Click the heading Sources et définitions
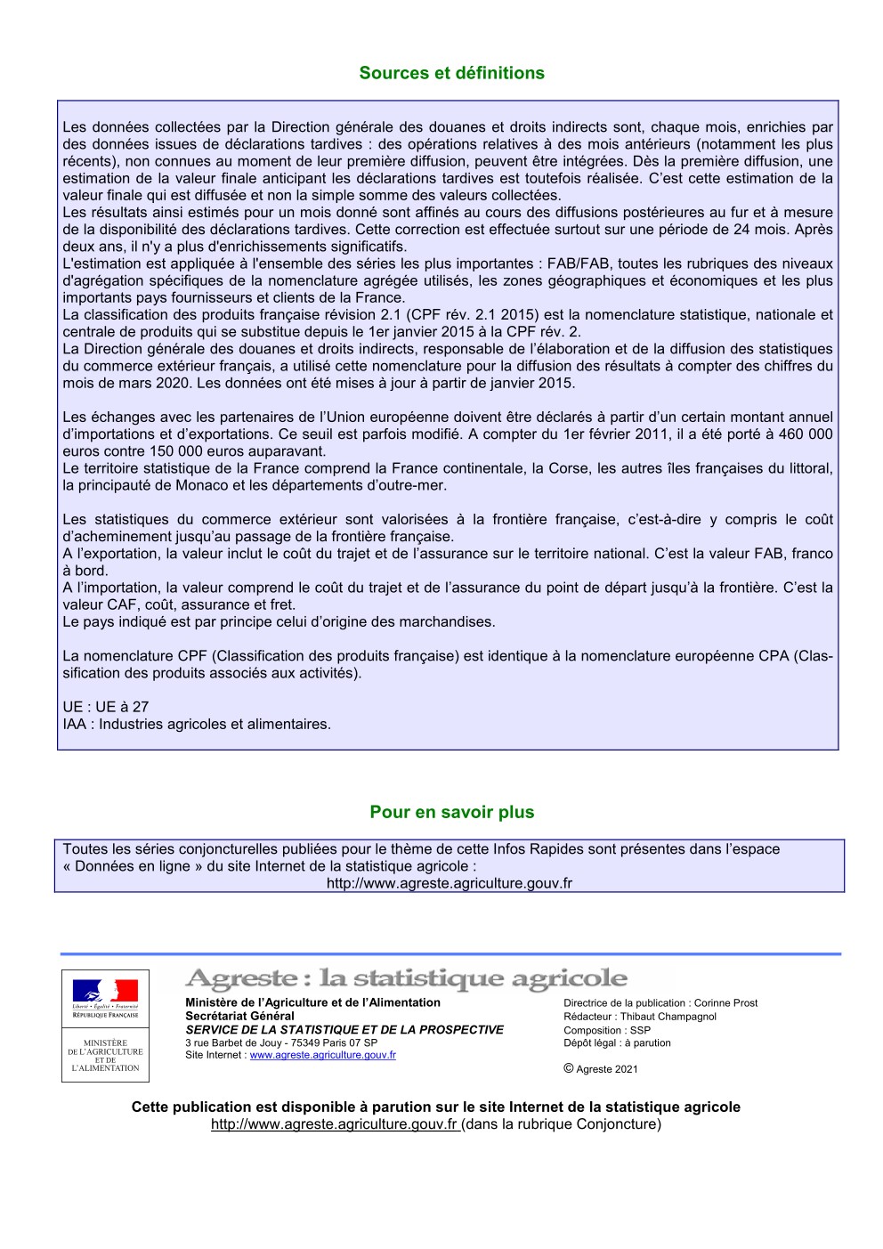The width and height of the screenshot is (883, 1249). coord(451,73)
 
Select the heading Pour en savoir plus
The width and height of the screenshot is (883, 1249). coord(451,812)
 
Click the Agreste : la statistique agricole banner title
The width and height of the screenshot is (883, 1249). coord(406,978)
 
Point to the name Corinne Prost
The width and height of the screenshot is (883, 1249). coord(725,1003)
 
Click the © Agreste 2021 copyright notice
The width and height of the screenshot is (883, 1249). coord(601,1069)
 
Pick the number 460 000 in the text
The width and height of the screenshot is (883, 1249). coord(805,434)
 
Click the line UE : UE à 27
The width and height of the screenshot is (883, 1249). coord(105,707)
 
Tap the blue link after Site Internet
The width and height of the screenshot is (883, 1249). coord(322,1056)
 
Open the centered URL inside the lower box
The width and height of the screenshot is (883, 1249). coord(449,883)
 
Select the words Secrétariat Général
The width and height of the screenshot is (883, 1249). coord(239,1016)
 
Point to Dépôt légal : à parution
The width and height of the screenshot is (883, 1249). coord(617,1043)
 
